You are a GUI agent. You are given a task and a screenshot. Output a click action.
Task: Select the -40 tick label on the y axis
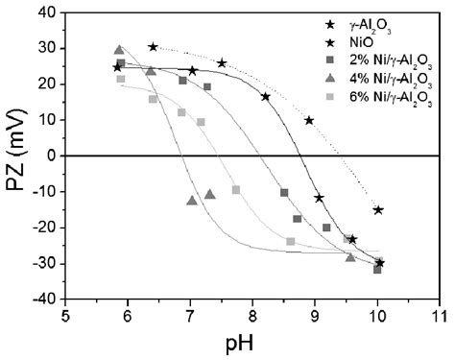coord(44,299)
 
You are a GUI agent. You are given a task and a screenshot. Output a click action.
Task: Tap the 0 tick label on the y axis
coord(51,156)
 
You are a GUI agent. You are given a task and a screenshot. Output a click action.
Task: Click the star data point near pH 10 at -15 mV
coord(378,209)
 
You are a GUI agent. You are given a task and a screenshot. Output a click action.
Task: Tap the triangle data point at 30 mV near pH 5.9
coord(120,50)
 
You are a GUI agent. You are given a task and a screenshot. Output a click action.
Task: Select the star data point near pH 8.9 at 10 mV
coord(309,120)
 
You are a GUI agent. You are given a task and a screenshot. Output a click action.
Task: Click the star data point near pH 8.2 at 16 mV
coord(266,96)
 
